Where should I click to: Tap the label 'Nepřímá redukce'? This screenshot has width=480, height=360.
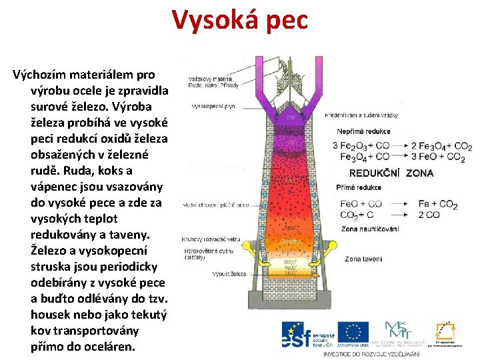(x=364, y=131)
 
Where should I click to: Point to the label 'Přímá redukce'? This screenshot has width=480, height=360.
(x=360, y=188)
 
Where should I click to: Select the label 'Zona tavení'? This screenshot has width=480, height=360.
(x=363, y=259)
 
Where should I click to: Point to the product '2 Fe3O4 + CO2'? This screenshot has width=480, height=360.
(x=441, y=146)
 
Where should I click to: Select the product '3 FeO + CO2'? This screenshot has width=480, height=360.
(x=441, y=157)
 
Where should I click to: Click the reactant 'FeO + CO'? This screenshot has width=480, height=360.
(x=361, y=204)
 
